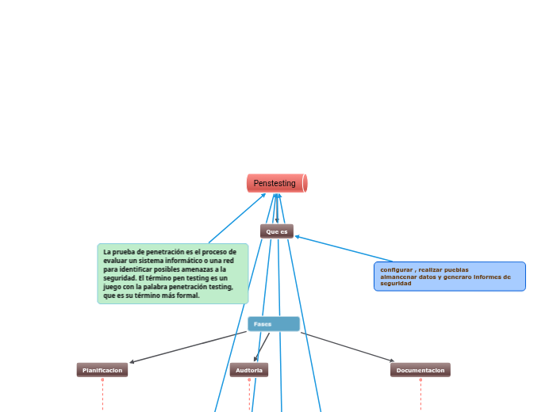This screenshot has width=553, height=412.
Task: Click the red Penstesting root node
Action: click(276, 183)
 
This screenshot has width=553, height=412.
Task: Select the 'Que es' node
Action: click(276, 231)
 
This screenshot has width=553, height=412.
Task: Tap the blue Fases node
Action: click(273, 324)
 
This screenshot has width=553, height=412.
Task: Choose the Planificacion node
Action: click(102, 370)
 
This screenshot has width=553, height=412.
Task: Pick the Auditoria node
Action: click(249, 370)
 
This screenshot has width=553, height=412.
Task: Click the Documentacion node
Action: click(420, 370)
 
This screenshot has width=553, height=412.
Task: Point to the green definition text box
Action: click(173, 273)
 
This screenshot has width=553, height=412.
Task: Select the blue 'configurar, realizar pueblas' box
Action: click(449, 277)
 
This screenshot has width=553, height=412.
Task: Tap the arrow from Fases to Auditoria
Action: click(261, 347)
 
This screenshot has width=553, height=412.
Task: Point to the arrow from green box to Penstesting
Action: click(237, 218)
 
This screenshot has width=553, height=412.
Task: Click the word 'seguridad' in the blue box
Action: click(395, 284)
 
